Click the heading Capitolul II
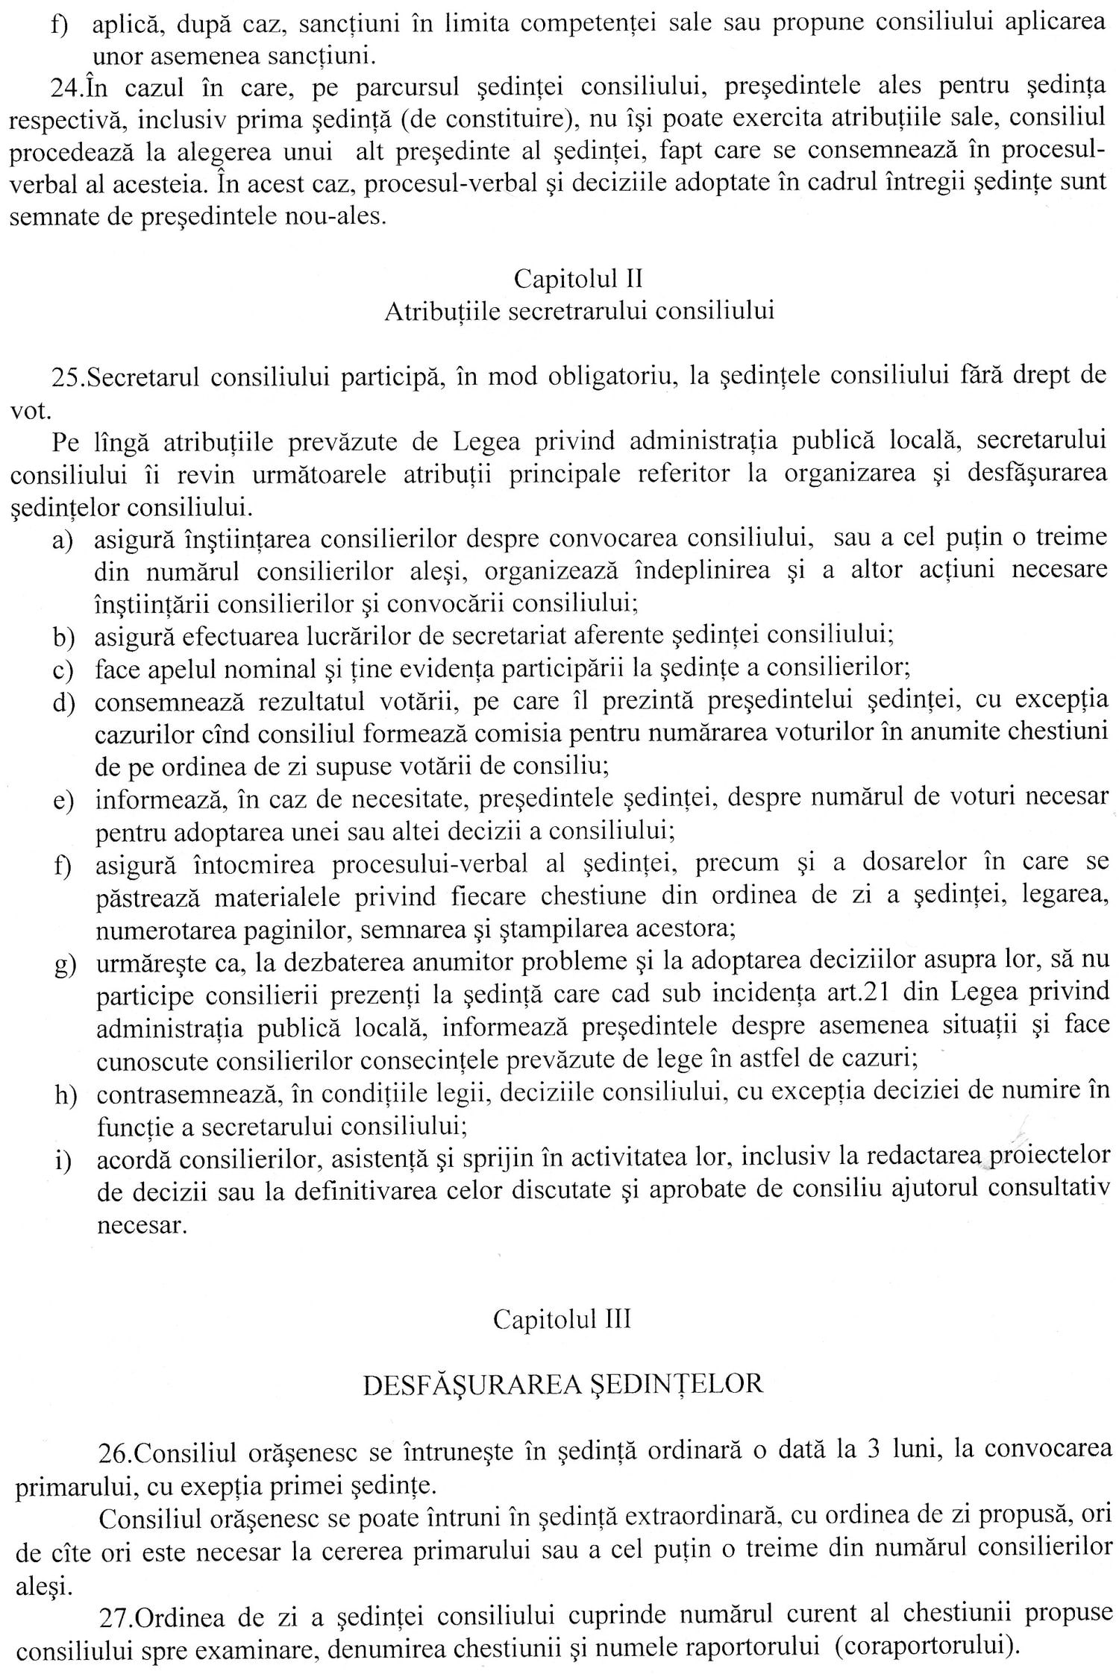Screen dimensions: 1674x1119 coord(578,279)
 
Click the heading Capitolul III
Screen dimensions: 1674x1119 coord(562,1319)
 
